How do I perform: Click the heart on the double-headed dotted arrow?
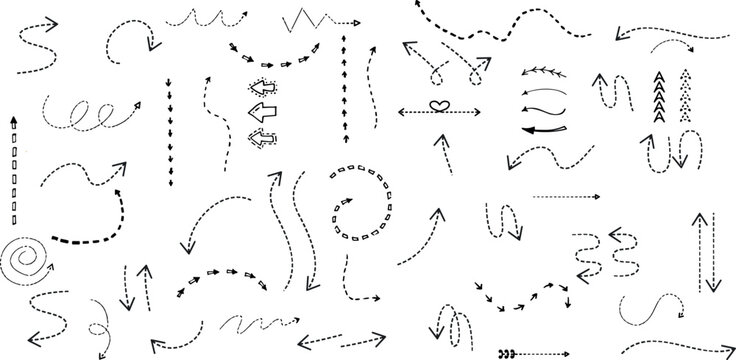coord(436,107)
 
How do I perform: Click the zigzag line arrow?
coord(320,19)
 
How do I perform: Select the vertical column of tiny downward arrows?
coord(168,112)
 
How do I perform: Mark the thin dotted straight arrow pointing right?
coord(566,197)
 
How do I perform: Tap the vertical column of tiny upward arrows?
coord(344,90)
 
